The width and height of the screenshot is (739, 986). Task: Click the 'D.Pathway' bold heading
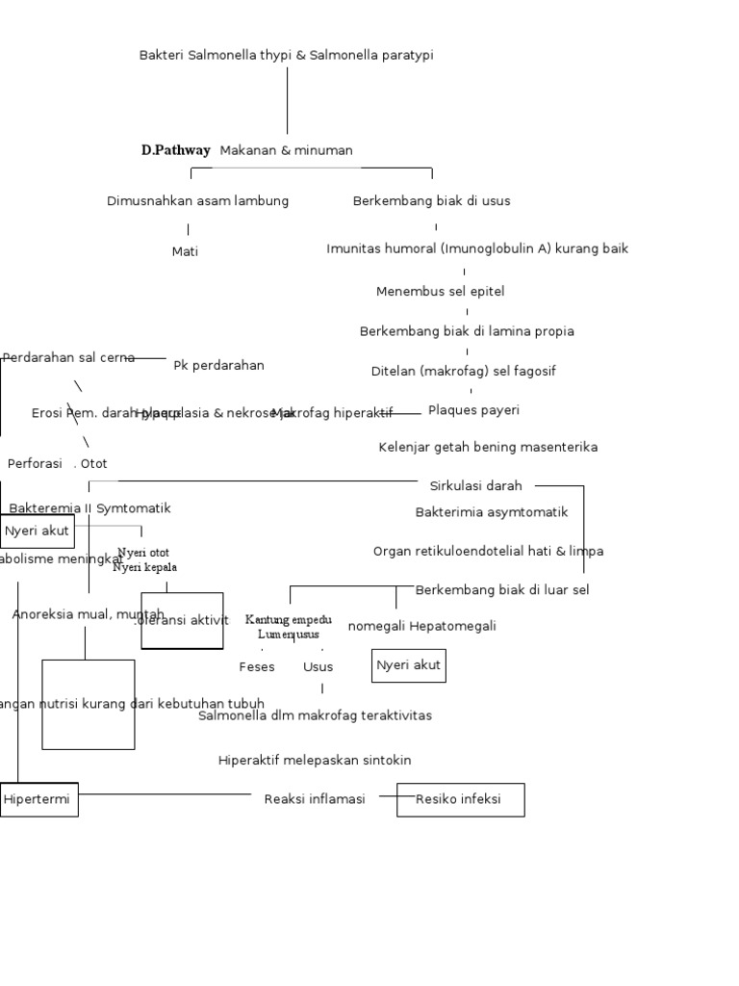175,150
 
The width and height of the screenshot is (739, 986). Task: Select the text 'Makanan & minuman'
286,150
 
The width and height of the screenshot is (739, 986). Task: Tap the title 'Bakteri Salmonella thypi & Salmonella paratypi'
286,55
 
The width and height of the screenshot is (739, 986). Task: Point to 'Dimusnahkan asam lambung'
197,201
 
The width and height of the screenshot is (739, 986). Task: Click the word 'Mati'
185,251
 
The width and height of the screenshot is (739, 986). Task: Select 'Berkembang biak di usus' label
431,201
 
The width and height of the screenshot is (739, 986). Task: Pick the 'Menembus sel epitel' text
440,291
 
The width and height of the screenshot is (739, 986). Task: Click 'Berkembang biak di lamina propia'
467,331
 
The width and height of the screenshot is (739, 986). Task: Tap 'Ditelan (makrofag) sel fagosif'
463,371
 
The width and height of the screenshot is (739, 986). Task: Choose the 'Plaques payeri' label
473,410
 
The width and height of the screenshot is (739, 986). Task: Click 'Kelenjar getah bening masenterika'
488,447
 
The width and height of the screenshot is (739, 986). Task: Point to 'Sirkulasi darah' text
475,486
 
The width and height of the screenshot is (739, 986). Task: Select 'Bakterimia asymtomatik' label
491,512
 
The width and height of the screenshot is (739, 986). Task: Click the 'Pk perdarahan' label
218,365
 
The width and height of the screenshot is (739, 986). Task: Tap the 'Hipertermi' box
38,799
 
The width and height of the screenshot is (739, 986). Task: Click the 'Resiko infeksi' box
460,799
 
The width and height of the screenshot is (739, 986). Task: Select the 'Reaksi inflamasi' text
315,799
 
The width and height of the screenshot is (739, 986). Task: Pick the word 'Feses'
257,666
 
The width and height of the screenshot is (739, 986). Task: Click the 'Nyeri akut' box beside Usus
408,665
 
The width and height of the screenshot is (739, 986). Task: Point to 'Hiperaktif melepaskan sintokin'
315,760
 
